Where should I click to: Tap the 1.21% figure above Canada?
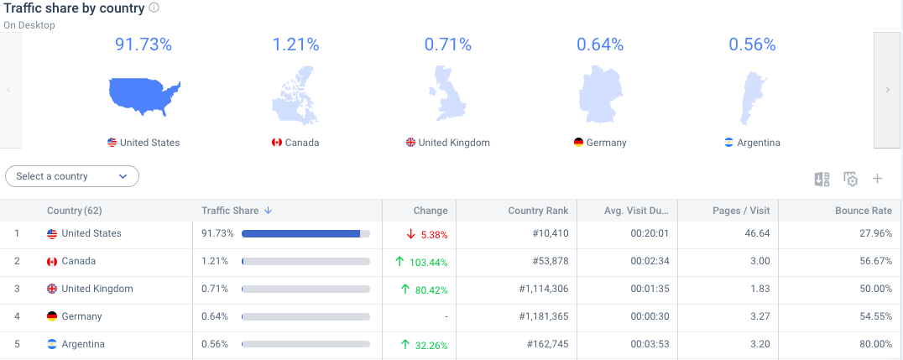295,44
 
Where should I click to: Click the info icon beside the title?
154,8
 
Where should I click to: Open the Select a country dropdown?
72,176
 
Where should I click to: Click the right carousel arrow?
887,90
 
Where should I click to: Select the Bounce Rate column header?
863,211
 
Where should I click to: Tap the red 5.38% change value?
433,234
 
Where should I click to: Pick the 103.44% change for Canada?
428,262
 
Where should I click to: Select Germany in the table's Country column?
81,316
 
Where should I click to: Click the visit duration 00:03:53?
649,344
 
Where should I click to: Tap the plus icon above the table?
878,179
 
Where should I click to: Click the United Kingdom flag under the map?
410,143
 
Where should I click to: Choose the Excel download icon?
822,179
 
